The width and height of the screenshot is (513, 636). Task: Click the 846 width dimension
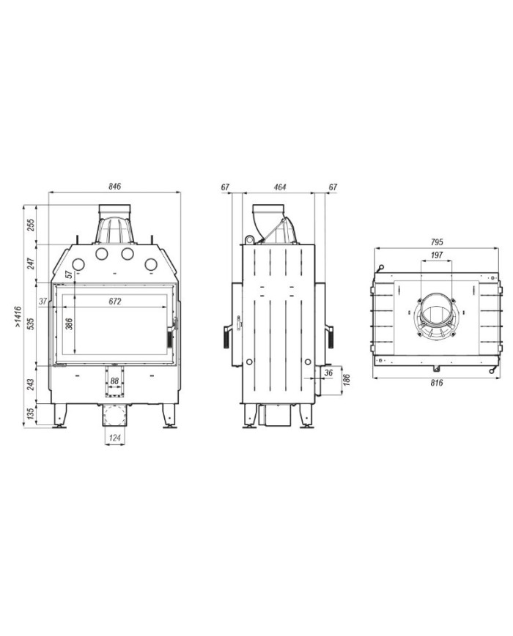pos(115,187)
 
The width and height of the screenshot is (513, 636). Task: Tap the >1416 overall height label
pos(18,316)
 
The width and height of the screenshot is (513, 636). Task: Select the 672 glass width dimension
pos(115,302)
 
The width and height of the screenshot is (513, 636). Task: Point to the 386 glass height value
pos(69,323)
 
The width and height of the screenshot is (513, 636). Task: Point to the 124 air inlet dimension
pos(115,438)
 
